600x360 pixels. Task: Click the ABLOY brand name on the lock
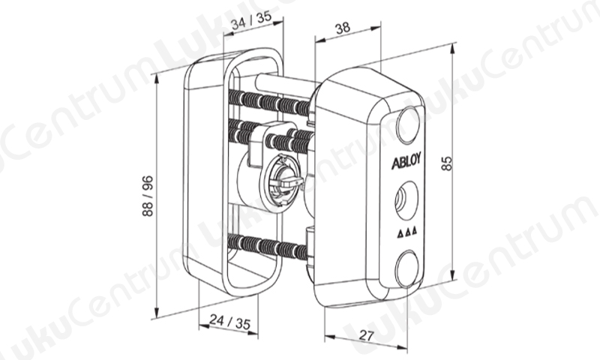tap(406, 160)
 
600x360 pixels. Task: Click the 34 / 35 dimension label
tap(251, 20)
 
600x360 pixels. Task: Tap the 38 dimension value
tap(343, 28)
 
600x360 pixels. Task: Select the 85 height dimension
tap(446, 163)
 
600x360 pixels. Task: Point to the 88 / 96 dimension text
tap(147, 196)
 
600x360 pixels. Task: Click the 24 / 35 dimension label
tap(230, 322)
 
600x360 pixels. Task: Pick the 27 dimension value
tap(367, 335)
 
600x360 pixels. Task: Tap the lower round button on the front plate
tap(406, 268)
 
